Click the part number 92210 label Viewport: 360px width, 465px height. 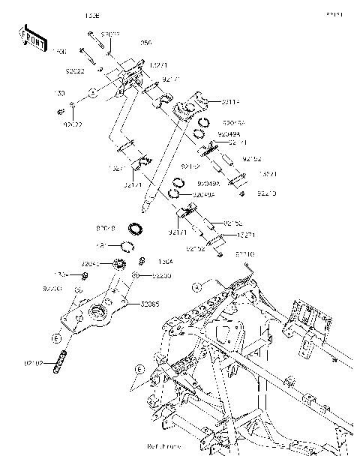[266, 194]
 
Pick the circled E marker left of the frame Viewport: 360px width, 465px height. [139, 368]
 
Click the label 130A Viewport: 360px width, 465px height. [165, 262]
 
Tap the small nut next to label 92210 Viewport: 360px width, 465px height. [244, 193]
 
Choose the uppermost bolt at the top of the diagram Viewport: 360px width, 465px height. [91, 35]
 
